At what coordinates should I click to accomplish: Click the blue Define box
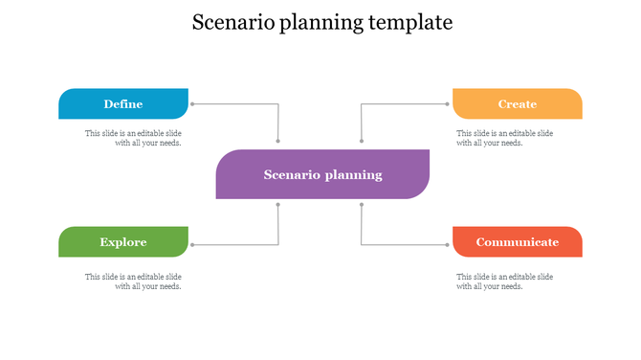(123, 103)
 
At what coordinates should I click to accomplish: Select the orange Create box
(517, 103)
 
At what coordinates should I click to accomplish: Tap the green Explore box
(123, 242)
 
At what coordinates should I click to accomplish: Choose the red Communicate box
(517, 242)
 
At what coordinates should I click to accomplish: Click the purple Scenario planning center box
(322, 174)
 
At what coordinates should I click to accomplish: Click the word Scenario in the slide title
(232, 22)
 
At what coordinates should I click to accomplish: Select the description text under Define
(133, 138)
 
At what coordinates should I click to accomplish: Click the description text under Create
(504, 138)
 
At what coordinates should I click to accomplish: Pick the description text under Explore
(133, 281)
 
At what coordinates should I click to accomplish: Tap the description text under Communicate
(504, 281)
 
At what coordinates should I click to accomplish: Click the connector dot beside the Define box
(192, 103)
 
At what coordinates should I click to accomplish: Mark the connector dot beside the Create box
(449, 103)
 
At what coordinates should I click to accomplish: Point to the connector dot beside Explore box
(192, 245)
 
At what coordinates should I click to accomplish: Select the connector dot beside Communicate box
(449, 245)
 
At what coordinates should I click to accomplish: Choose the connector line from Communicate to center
(402, 245)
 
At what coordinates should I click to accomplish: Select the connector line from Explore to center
(239, 245)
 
